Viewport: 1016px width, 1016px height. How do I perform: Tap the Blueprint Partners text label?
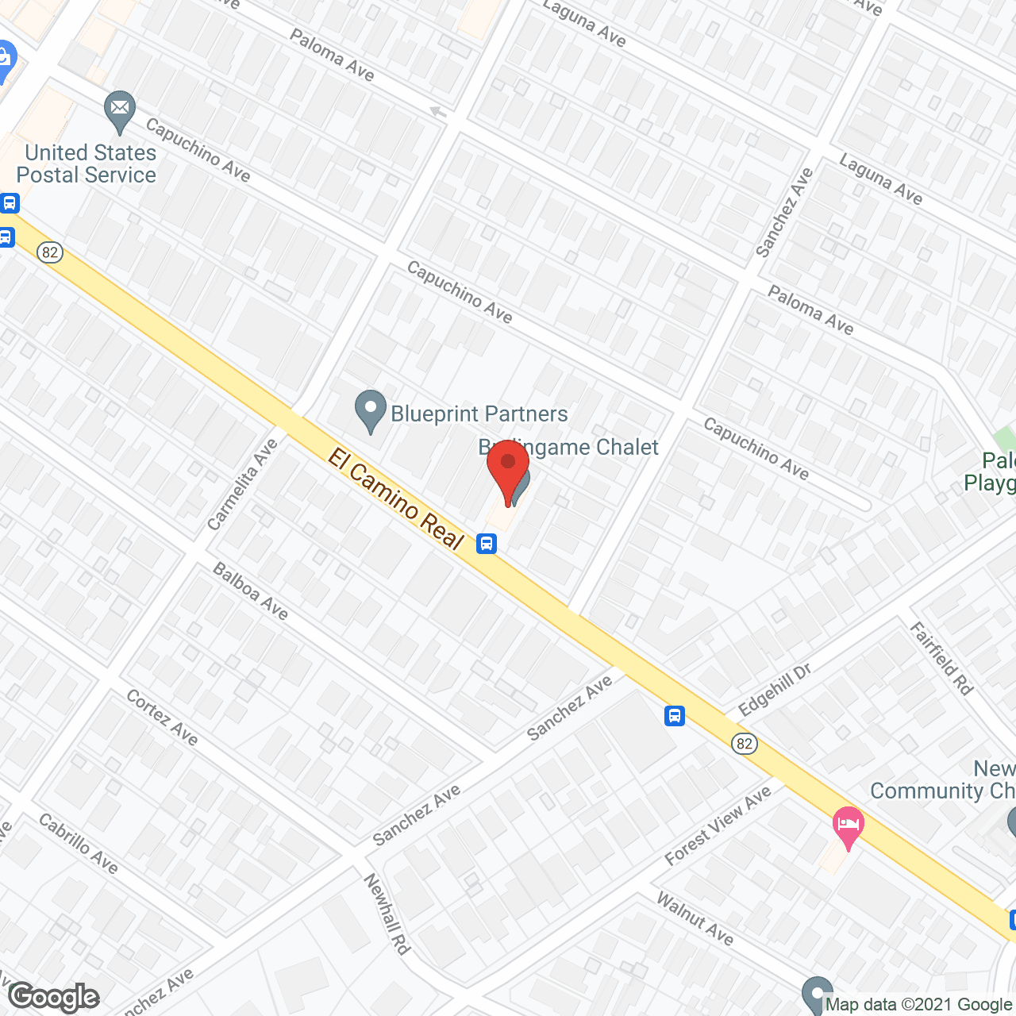pyautogui.click(x=479, y=414)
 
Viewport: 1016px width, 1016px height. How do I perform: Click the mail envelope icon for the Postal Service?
pyautogui.click(x=120, y=112)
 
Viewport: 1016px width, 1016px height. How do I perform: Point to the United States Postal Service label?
pyautogui.click(x=87, y=164)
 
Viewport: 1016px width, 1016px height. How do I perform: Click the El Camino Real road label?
pyautogui.click(x=395, y=498)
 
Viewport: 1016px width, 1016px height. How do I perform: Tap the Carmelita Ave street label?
pyautogui.click(x=242, y=484)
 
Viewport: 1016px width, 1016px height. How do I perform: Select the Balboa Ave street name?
pyautogui.click(x=251, y=591)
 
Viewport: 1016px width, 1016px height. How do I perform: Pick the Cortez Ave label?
pyautogui.click(x=162, y=717)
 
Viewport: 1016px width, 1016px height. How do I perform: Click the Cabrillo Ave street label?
pyautogui.click(x=79, y=844)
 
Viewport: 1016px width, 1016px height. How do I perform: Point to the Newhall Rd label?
pyautogui.click(x=387, y=914)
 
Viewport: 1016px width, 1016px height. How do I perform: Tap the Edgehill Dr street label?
pyautogui.click(x=774, y=689)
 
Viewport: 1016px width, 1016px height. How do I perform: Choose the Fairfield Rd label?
pyautogui.click(x=941, y=659)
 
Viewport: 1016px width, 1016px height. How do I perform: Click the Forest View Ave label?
pyautogui.click(x=718, y=826)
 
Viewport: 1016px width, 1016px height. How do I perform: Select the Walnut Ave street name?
pyautogui.click(x=695, y=918)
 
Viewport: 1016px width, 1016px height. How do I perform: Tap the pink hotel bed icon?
pyautogui.click(x=848, y=825)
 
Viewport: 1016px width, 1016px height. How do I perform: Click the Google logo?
pyautogui.click(x=54, y=997)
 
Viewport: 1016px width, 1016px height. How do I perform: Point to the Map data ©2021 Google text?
pyautogui.click(x=918, y=1004)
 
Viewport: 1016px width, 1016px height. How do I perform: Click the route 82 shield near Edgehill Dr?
pyautogui.click(x=744, y=744)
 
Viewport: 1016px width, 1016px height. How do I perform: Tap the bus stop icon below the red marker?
pyautogui.click(x=487, y=544)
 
